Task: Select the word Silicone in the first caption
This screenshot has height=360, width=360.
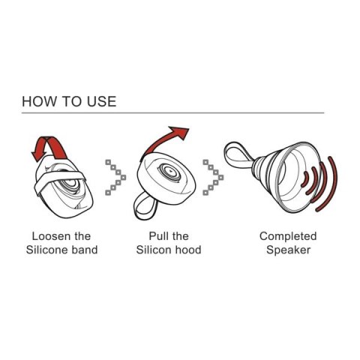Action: pyautogui.click(x=46, y=249)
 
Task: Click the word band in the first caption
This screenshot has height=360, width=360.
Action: pyautogui.click(x=84, y=249)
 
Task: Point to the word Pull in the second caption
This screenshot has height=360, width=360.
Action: pyautogui.click(x=150, y=235)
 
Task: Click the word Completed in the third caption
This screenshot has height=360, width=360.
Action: pyautogui.click(x=288, y=235)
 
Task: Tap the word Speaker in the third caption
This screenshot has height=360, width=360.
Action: pyautogui.click(x=288, y=249)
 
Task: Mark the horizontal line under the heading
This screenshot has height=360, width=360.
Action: pyautogui.click(x=172, y=112)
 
